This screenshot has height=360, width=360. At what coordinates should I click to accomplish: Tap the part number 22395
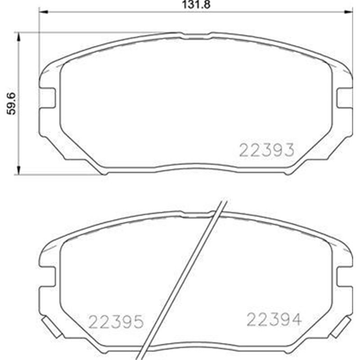pyautogui.click(x=116, y=321)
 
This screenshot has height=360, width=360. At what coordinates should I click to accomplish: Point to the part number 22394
pyautogui.click(x=273, y=319)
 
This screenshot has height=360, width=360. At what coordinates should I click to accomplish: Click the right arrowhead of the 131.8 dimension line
pyautogui.click(x=349, y=13)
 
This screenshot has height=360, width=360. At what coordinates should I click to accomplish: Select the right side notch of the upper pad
pyautogui.click(x=344, y=98)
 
